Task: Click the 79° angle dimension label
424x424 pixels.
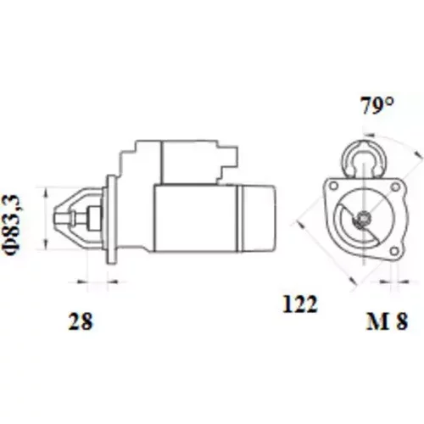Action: pyautogui.click(x=377, y=105)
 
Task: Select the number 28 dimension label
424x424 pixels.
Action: pyautogui.click(x=81, y=321)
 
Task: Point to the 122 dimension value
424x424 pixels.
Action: pyautogui.click(x=300, y=304)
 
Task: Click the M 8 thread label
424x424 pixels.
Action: pyautogui.click(x=388, y=321)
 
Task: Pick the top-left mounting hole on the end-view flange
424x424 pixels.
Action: pyautogui.click(x=334, y=187)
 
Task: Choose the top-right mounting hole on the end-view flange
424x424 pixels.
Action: pyautogui.click(x=395, y=187)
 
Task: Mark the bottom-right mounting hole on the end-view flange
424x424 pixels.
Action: pyautogui.click(x=393, y=251)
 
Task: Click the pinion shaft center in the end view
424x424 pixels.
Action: pyautogui.click(x=363, y=218)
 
